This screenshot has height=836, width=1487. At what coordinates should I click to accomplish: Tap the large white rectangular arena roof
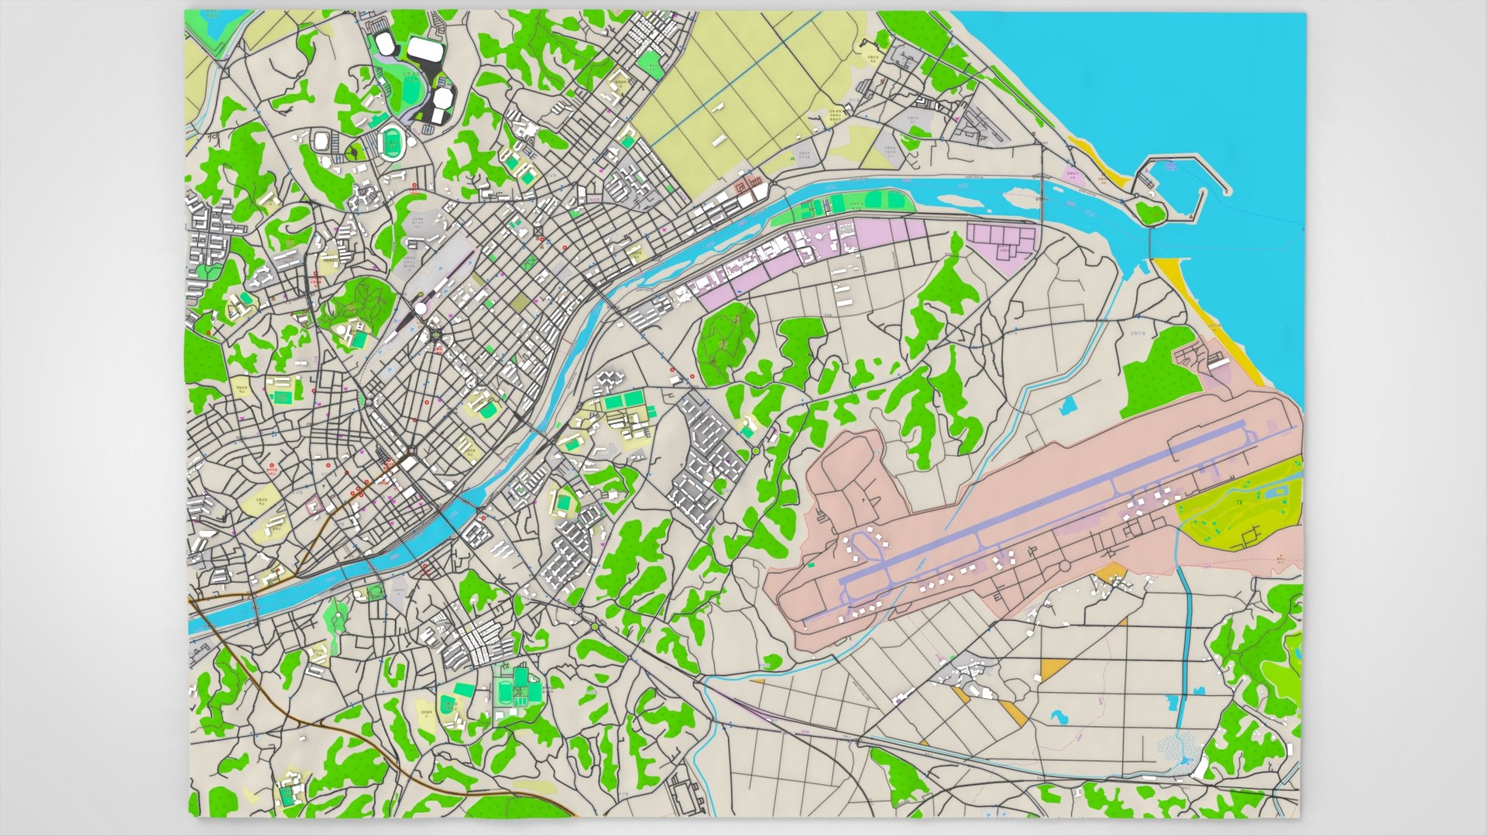[424, 49]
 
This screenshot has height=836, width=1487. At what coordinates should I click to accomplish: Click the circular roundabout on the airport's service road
[1065, 567]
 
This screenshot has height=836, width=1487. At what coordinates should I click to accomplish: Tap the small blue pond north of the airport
[1070, 404]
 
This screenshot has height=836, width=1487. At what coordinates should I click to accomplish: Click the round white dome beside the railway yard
[421, 308]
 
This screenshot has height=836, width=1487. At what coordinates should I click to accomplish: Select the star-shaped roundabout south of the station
[435, 334]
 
